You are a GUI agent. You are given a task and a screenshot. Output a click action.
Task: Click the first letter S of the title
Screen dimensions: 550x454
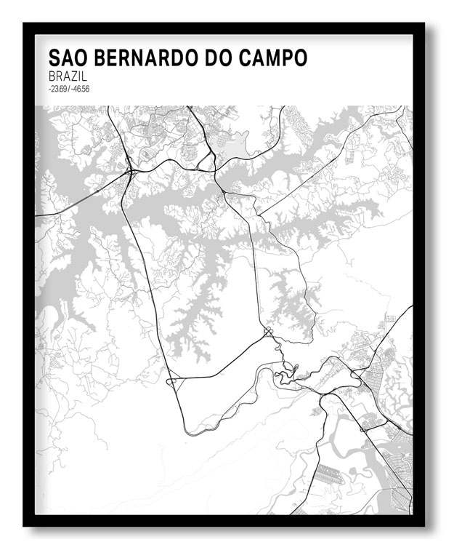click(54, 58)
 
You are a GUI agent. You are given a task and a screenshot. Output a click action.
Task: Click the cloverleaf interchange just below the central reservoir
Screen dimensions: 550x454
click(268, 333)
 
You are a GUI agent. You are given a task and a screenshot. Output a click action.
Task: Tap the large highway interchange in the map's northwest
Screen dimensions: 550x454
click(129, 172)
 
